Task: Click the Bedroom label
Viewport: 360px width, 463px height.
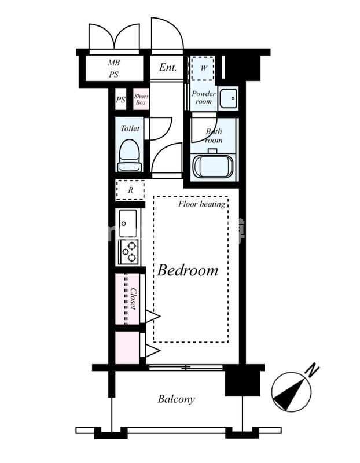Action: click(188, 270)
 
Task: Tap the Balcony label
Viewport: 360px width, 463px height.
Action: click(176, 399)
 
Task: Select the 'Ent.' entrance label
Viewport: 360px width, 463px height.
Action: click(168, 67)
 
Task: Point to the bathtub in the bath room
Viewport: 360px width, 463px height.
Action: click(212, 167)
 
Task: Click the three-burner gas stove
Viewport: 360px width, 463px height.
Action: click(128, 252)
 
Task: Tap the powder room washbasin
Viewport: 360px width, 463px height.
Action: click(229, 98)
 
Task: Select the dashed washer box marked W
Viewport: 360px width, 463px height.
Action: click(203, 68)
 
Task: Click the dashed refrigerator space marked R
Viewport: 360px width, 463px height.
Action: click(130, 190)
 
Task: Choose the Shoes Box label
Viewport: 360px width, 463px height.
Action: click(141, 99)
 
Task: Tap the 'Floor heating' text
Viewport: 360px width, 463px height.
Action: click(202, 204)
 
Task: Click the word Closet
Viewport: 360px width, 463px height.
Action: click(133, 299)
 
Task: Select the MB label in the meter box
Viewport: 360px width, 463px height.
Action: click(113, 63)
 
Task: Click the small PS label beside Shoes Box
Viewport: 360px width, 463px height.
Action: click(120, 100)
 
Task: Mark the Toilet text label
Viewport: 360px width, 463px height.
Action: click(130, 128)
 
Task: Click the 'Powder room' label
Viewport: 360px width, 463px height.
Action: click(204, 97)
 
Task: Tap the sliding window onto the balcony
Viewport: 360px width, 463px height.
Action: click(186, 368)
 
